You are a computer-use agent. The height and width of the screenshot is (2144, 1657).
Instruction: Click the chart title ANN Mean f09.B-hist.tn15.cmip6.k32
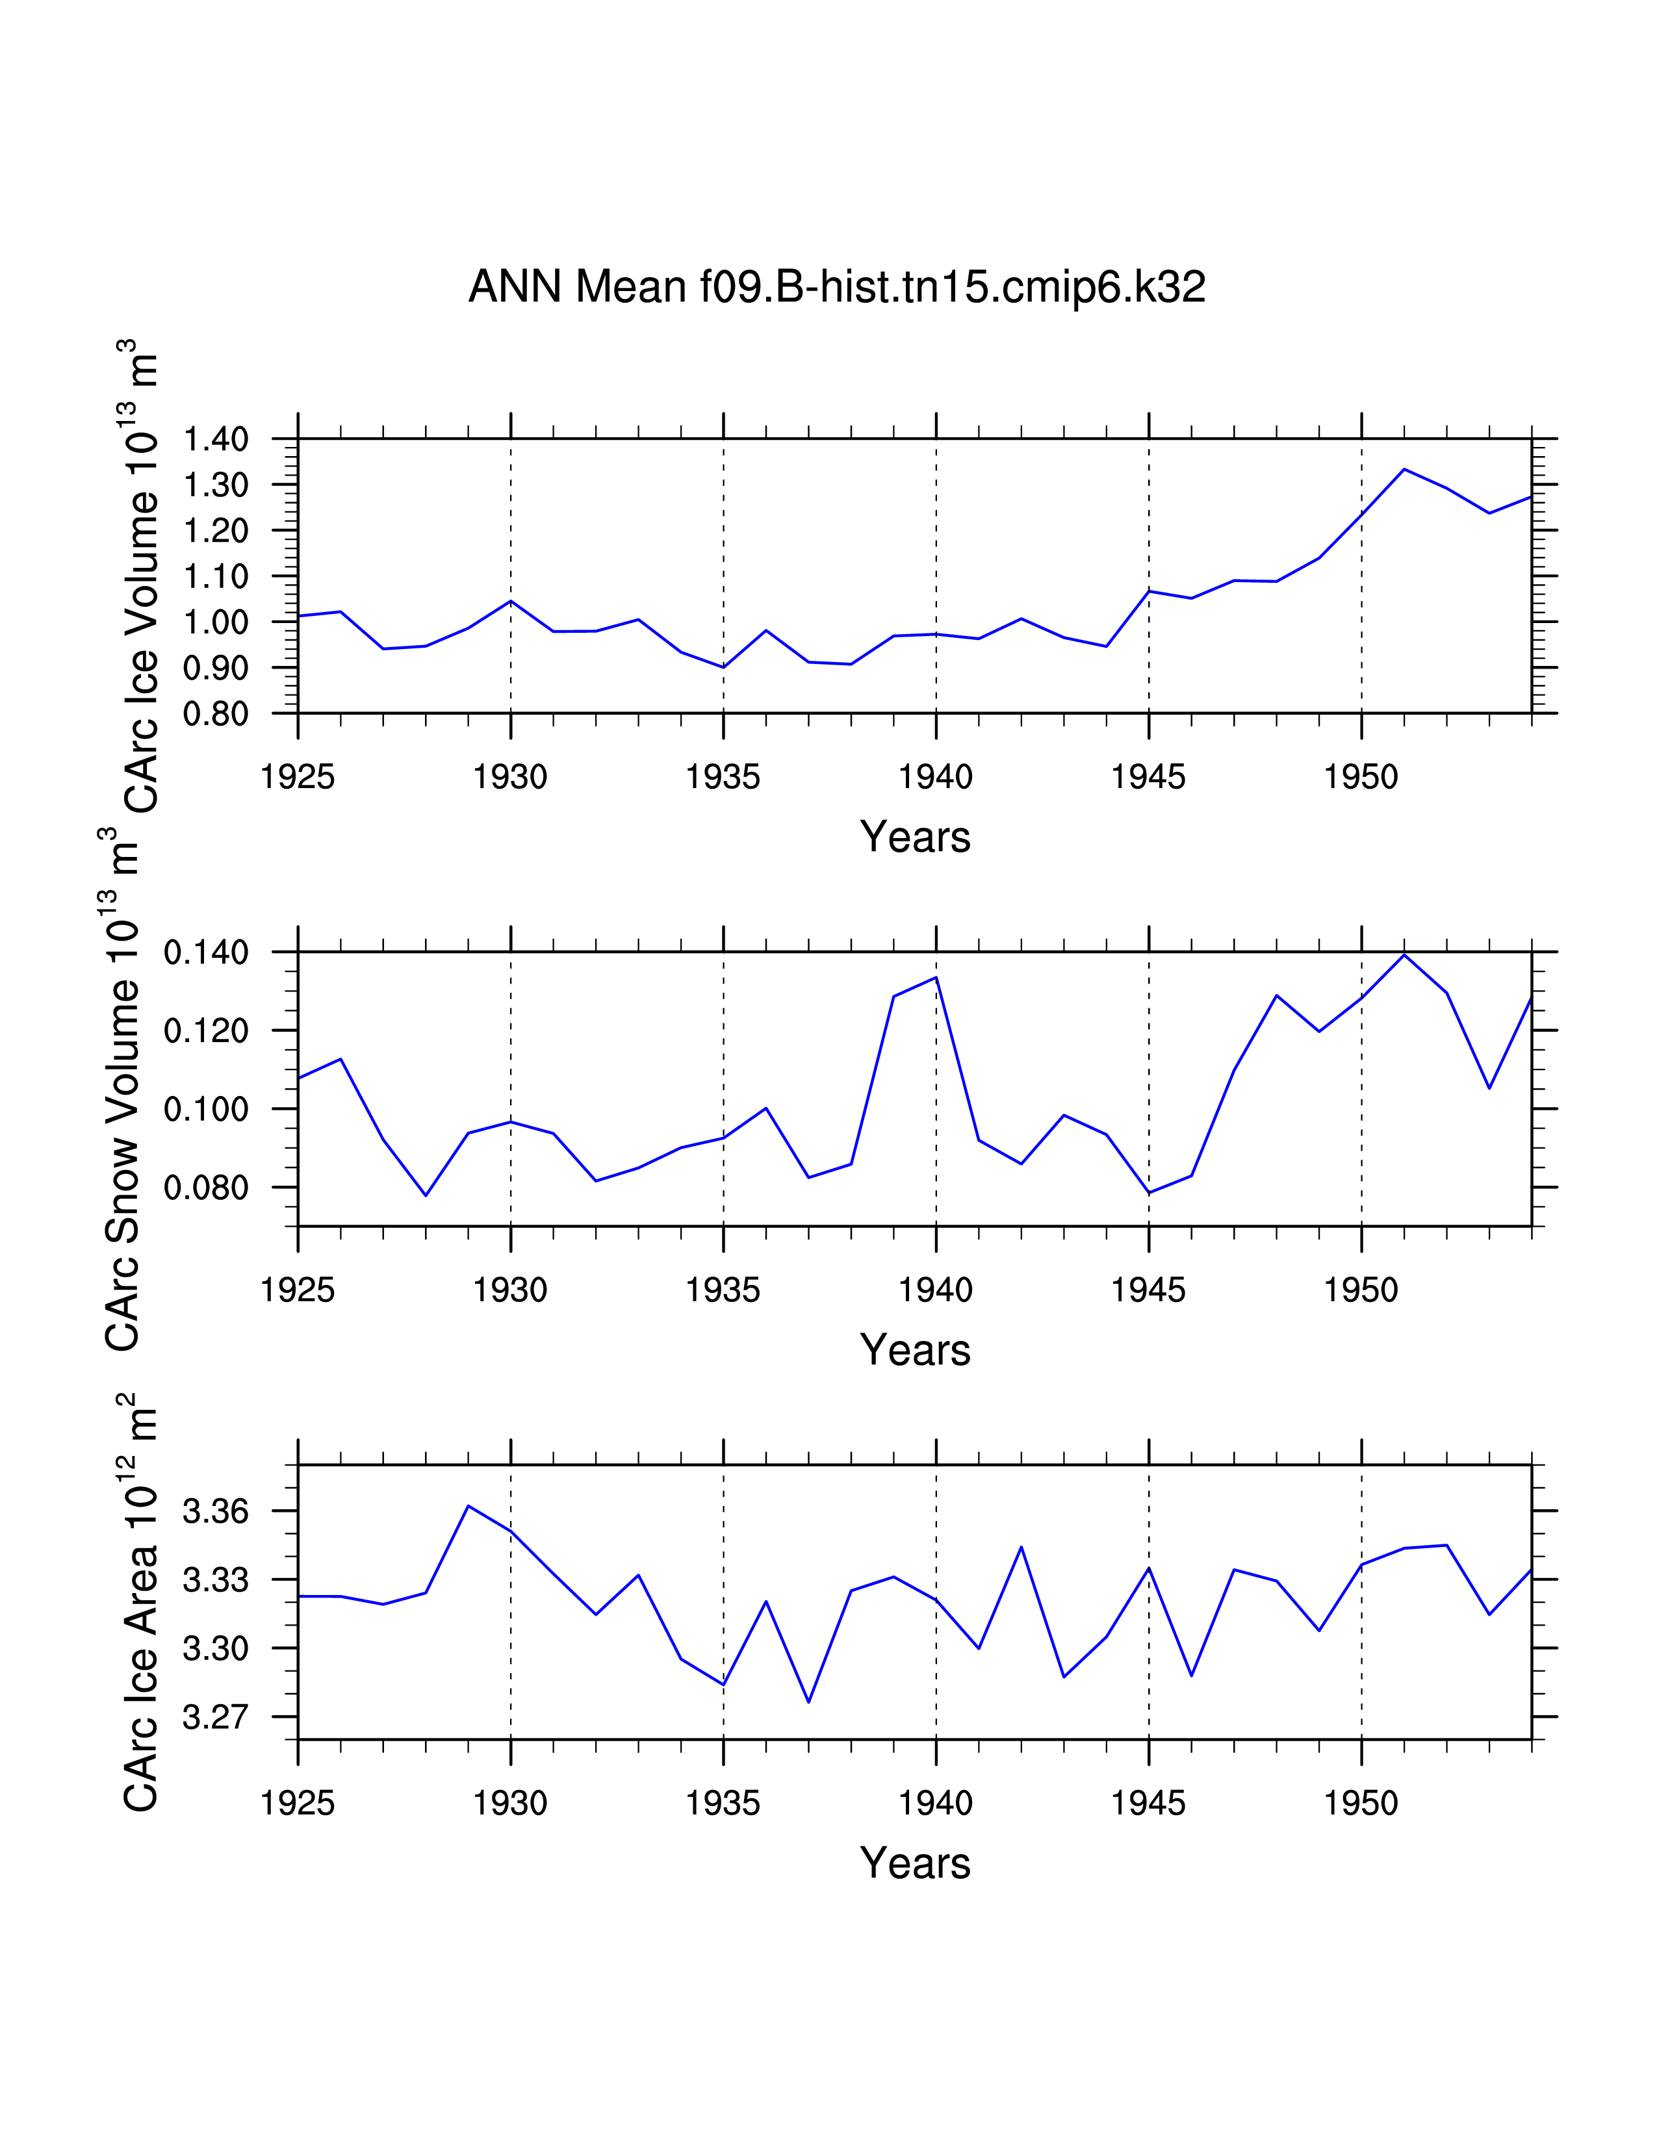point(836,287)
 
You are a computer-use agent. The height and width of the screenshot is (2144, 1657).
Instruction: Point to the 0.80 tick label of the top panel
point(216,713)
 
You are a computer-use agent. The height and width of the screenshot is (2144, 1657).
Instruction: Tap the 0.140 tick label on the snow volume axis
point(206,952)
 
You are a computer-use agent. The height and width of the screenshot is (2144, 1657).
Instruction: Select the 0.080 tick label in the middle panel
point(206,1188)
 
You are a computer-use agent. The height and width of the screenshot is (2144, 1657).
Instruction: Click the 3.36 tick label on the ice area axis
point(216,1511)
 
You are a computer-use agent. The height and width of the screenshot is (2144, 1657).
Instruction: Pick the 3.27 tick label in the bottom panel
point(216,1717)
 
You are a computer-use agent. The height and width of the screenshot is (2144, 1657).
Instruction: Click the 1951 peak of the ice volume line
point(1404,469)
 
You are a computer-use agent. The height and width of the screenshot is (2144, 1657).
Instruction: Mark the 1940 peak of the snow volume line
point(936,976)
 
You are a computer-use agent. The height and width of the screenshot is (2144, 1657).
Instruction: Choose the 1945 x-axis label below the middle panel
point(1148,1289)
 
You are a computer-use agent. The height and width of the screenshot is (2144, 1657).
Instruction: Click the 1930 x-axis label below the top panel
point(511,776)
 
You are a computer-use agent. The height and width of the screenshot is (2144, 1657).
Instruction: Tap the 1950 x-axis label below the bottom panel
point(1361,1802)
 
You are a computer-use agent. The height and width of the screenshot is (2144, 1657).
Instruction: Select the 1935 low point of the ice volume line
point(723,667)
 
